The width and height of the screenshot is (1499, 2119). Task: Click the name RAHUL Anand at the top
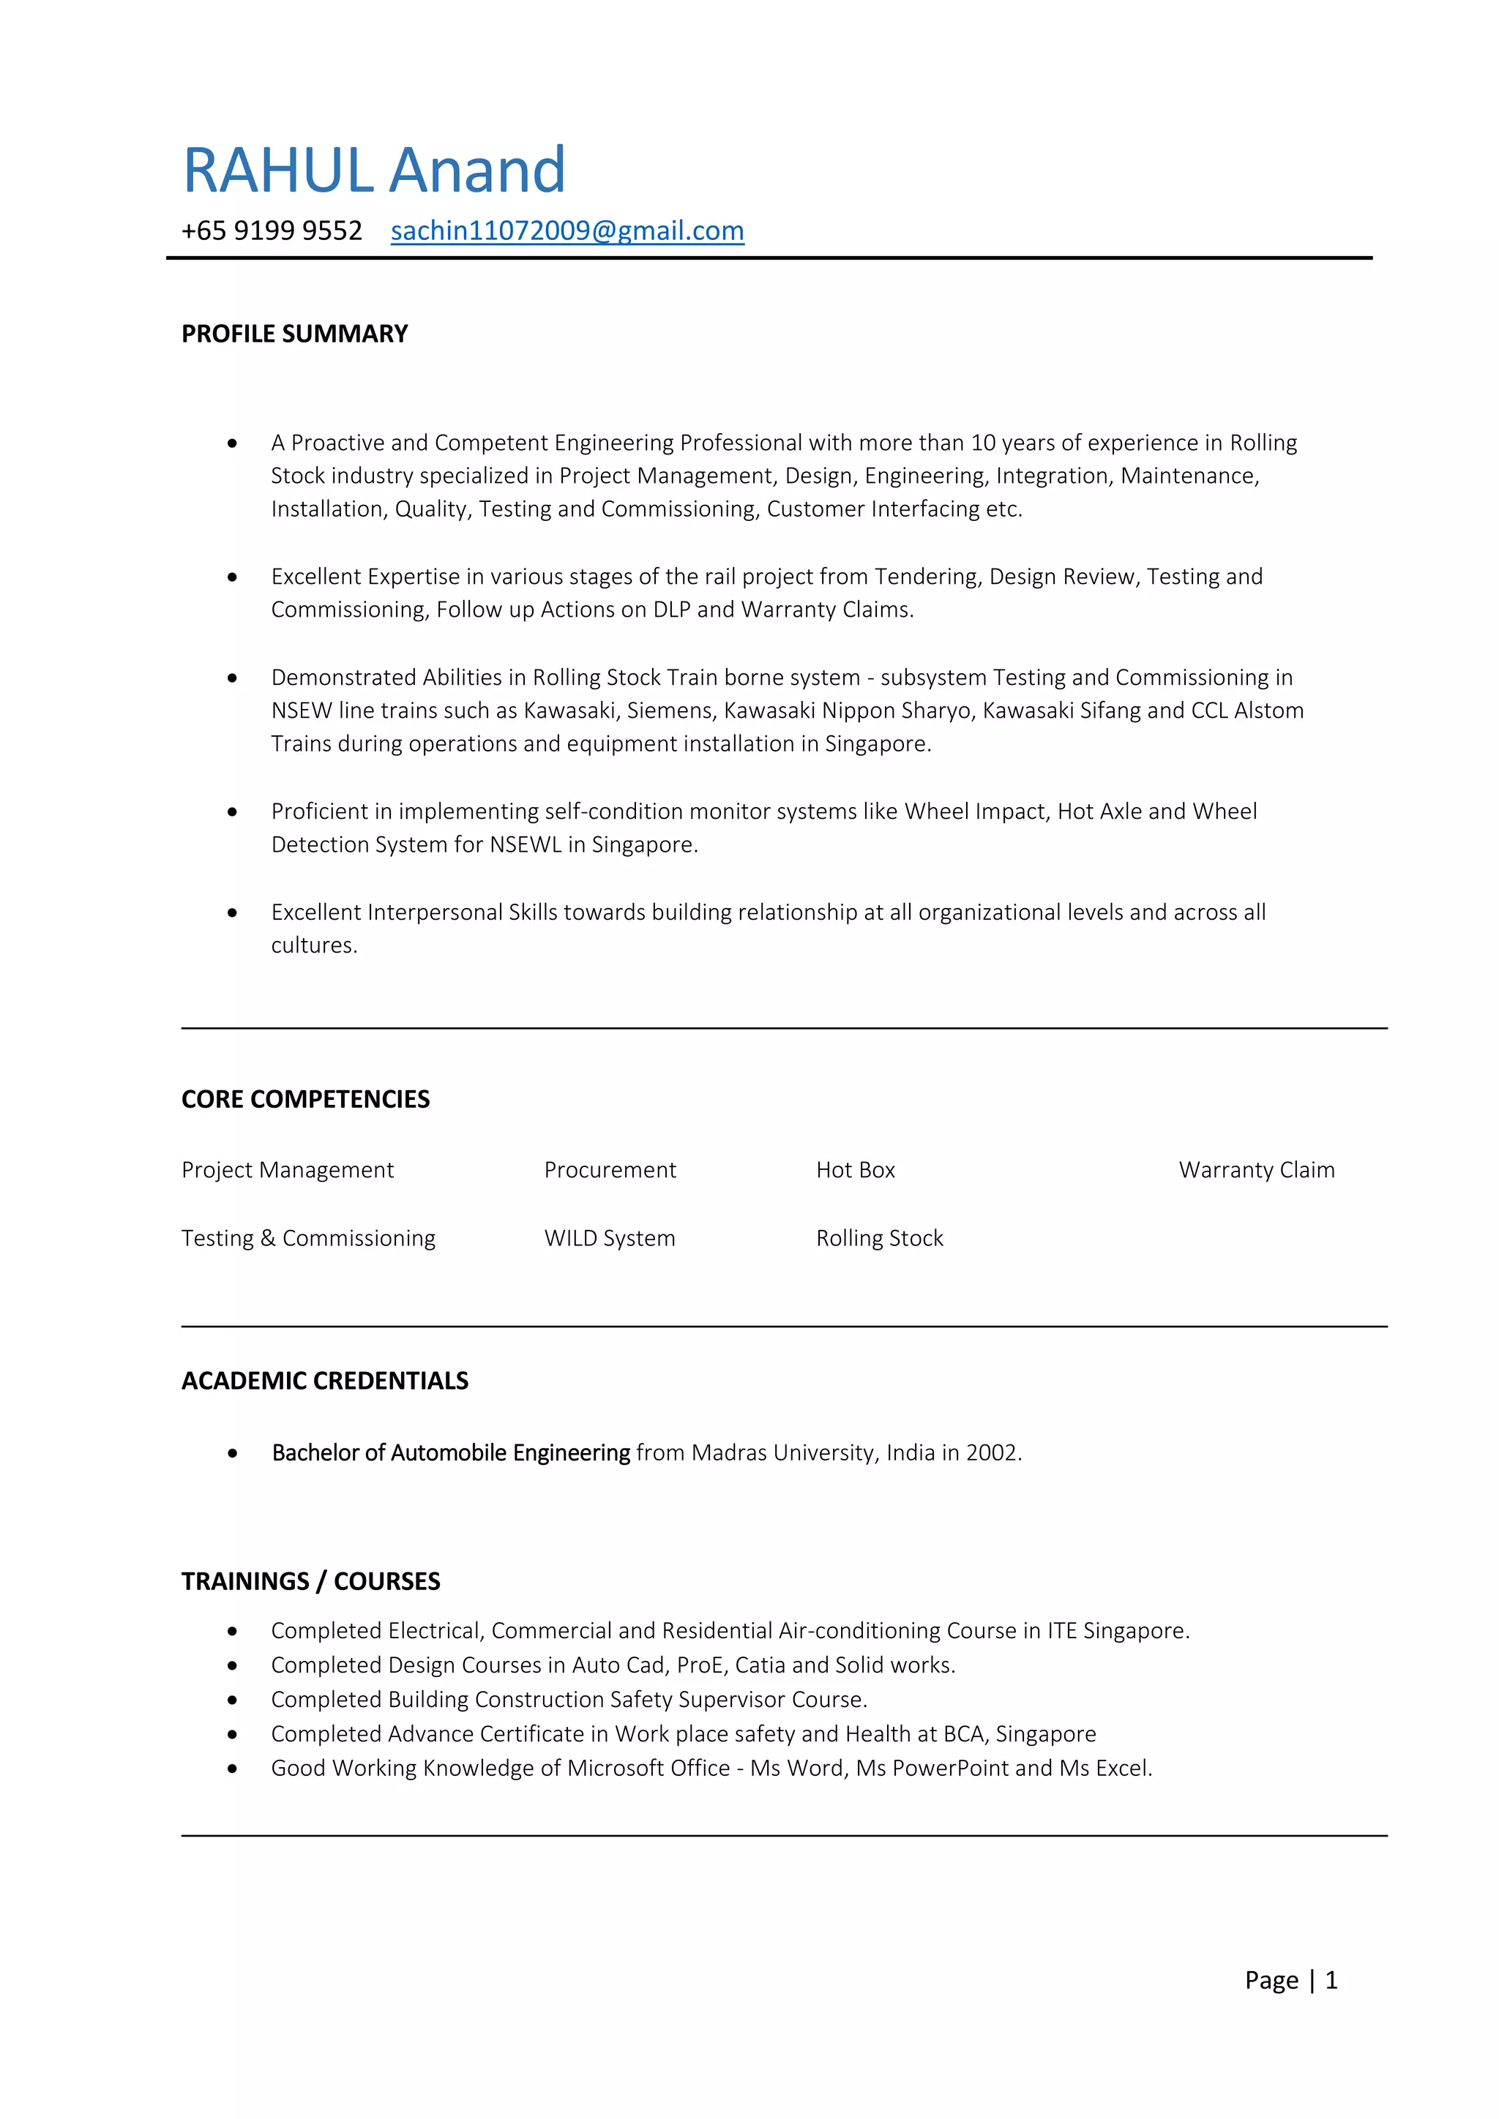coord(374,170)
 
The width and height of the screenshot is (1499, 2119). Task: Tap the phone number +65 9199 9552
coord(272,230)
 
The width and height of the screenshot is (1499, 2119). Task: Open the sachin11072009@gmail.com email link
coord(567,230)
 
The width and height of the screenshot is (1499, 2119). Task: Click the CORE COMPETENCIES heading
coord(305,1098)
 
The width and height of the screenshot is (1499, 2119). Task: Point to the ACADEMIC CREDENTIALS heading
coord(325,1380)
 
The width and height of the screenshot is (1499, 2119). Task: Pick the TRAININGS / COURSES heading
coord(311,1581)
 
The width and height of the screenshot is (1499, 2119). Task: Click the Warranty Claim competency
coord(1256,1169)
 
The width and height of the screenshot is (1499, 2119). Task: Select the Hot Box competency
coord(855,1169)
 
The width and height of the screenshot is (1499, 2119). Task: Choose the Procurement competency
coord(609,1169)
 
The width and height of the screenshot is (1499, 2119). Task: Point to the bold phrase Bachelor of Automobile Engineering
coord(450,1452)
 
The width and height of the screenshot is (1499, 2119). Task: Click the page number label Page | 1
coord(1290,1980)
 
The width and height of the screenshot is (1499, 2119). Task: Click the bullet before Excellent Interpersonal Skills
coord(233,912)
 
